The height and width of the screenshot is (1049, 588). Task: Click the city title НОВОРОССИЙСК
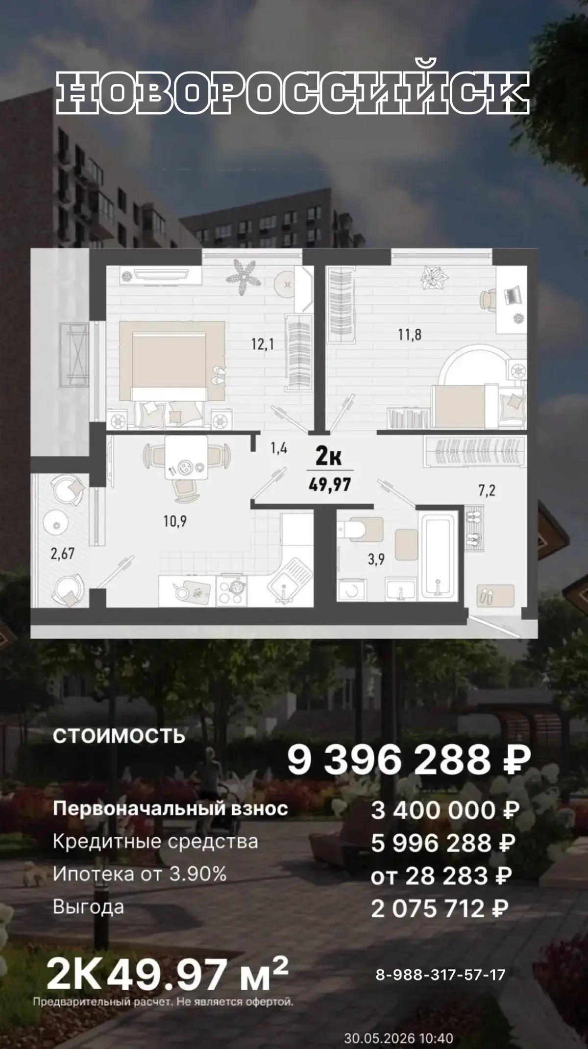[x=293, y=94]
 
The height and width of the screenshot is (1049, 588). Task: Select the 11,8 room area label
[x=410, y=335]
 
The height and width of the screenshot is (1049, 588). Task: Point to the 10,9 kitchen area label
[x=175, y=521]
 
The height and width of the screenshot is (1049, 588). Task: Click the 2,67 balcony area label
[x=62, y=554]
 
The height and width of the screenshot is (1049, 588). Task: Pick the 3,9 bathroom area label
[x=376, y=559]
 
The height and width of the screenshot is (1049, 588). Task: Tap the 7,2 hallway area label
[x=487, y=490]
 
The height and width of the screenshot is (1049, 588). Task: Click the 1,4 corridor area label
[x=278, y=448]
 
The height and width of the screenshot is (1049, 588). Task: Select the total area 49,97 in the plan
[x=330, y=486]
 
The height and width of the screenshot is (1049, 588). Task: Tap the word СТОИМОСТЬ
[x=119, y=736]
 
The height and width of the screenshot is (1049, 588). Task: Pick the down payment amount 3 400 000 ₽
[x=445, y=811]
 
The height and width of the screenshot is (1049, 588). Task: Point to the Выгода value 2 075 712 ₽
[x=440, y=909]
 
